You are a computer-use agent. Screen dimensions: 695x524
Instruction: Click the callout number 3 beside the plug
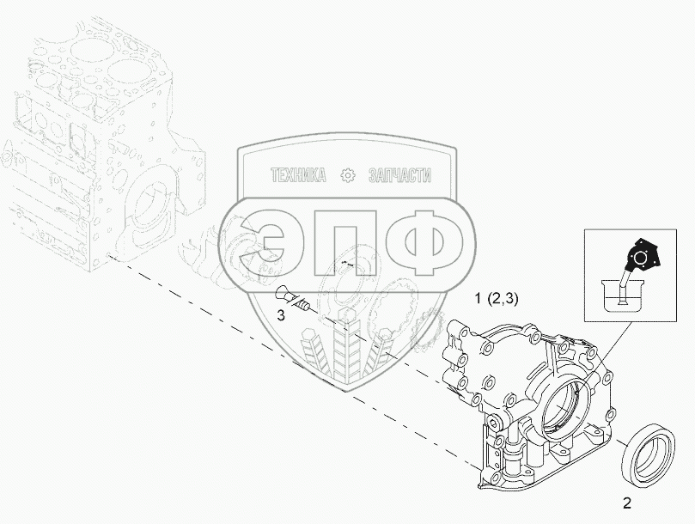point(281,315)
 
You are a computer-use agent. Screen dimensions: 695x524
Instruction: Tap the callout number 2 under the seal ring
point(627,503)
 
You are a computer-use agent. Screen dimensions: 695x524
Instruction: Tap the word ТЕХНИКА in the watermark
point(298,175)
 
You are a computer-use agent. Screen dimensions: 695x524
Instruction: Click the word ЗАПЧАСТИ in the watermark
point(399,175)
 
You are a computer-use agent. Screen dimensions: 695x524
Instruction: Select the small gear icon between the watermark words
point(347,176)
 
